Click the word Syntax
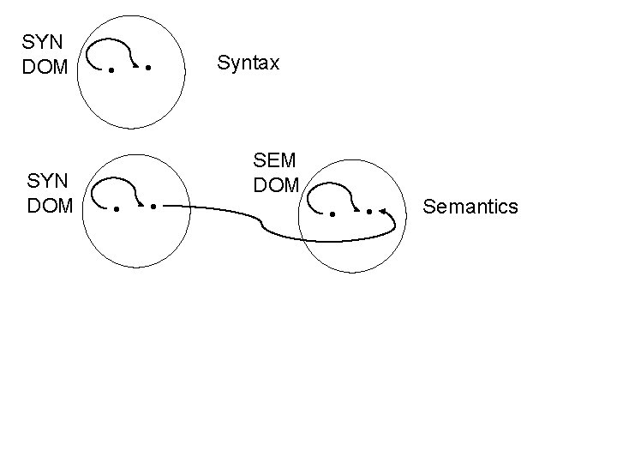[249, 63]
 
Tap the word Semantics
[470, 207]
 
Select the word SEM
[275, 160]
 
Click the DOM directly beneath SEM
[275, 184]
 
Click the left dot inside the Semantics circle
[332, 213]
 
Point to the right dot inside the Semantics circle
[369, 210]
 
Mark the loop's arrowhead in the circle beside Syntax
[135, 64]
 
